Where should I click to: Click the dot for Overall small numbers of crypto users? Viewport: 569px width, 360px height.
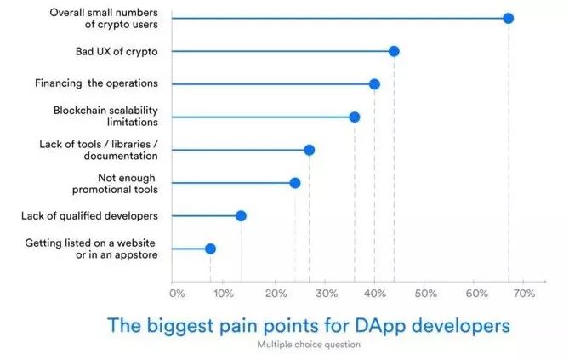click(508, 18)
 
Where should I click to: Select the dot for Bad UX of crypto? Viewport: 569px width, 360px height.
click(394, 51)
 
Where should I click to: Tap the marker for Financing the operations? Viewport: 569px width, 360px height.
click(374, 83)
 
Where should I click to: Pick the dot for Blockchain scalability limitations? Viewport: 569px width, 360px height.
click(355, 117)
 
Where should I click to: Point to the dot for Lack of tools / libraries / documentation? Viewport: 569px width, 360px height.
click(309, 150)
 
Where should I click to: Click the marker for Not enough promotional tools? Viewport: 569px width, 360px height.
click(295, 183)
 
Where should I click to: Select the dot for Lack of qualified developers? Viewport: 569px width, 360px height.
click(241, 215)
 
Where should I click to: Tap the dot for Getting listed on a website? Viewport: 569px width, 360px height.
click(210, 249)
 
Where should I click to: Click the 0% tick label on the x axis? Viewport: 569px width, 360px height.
click(177, 294)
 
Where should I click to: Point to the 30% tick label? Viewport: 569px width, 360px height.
click(324, 294)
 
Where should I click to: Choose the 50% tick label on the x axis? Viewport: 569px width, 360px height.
click(424, 294)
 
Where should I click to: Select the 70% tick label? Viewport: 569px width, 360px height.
click(524, 294)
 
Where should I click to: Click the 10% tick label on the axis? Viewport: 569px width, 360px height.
click(224, 294)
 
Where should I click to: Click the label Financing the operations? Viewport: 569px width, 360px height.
click(96, 83)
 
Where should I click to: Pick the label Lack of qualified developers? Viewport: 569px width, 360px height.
click(89, 215)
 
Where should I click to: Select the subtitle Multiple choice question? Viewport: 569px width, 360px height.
click(309, 345)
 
